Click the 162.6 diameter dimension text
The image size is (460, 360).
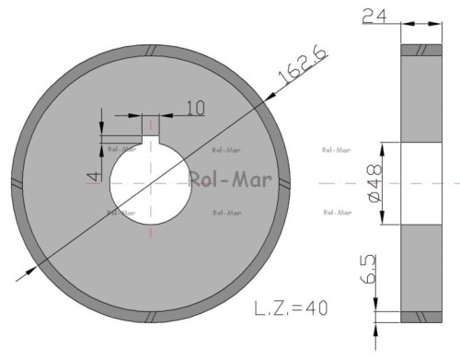click(x=302, y=65)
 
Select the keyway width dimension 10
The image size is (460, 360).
click(x=195, y=109)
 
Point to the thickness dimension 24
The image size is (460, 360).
click(x=374, y=17)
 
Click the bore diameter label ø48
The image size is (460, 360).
click(x=374, y=183)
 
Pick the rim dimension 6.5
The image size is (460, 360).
click(x=367, y=269)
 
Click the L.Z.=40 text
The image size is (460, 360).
click(x=291, y=308)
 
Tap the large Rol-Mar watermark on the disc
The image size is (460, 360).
click(x=230, y=180)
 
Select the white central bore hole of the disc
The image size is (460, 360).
click(x=151, y=184)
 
